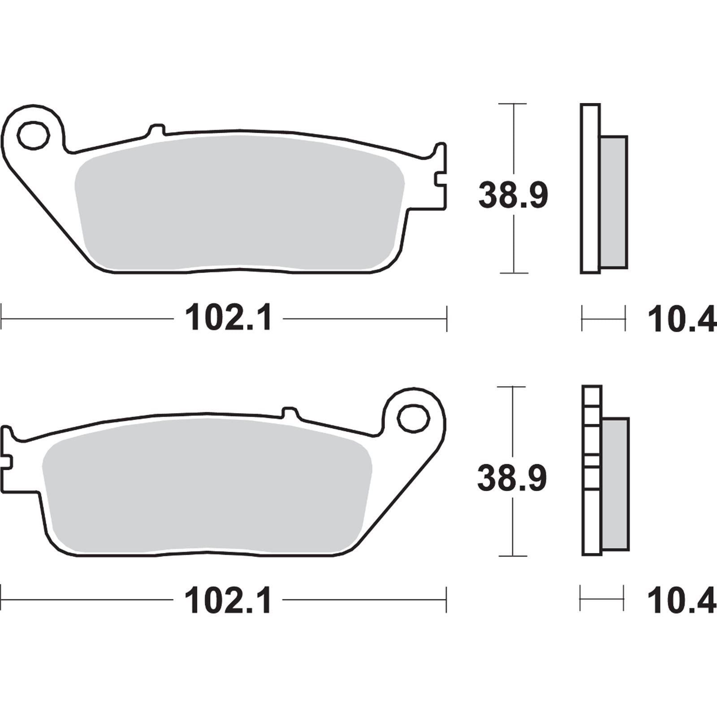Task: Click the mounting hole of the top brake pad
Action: pyautogui.click(x=33, y=135)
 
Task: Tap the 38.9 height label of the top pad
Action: pyautogui.click(x=513, y=195)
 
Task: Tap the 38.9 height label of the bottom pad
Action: pyautogui.click(x=512, y=479)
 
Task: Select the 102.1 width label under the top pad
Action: pyautogui.click(x=228, y=319)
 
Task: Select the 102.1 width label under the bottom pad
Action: pyautogui.click(x=228, y=601)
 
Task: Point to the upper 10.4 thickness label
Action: pyautogui.click(x=681, y=320)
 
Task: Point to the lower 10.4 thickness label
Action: pyautogui.click(x=681, y=601)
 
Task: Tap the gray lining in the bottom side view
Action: pyautogui.click(x=615, y=484)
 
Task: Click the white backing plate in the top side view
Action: pyautogui.click(x=590, y=188)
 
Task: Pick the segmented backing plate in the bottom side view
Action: pyautogui.click(x=592, y=471)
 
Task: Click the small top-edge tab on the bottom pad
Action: pyautogui.click(x=290, y=413)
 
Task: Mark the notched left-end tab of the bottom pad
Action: pyautogui.click(x=7, y=459)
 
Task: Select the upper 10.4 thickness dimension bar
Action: pyautogui.click(x=603, y=319)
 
